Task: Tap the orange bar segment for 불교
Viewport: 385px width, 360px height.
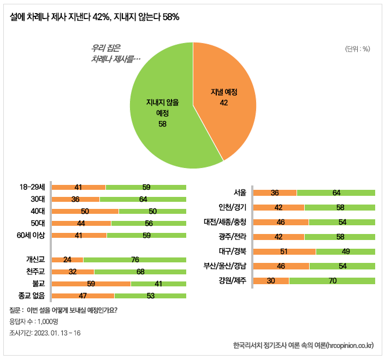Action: (x=91, y=284)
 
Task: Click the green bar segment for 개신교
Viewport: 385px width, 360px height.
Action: (x=134, y=260)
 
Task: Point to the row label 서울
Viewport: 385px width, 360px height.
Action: (x=240, y=193)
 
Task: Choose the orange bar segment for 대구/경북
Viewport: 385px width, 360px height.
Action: (x=285, y=251)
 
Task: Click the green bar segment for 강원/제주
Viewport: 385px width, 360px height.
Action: (x=332, y=281)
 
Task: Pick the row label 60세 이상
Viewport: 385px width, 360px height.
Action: (x=31, y=235)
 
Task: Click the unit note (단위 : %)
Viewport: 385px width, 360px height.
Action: (x=358, y=49)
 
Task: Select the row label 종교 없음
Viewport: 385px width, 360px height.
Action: (x=31, y=296)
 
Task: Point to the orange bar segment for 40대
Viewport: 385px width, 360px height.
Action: (x=85, y=211)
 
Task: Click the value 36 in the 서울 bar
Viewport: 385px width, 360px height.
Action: (x=275, y=193)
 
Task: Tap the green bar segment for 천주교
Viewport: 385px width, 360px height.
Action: (x=140, y=272)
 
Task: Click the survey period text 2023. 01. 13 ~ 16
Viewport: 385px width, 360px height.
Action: (x=57, y=333)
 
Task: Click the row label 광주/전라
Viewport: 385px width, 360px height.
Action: (x=233, y=237)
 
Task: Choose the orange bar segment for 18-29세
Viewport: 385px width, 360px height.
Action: (x=79, y=187)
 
